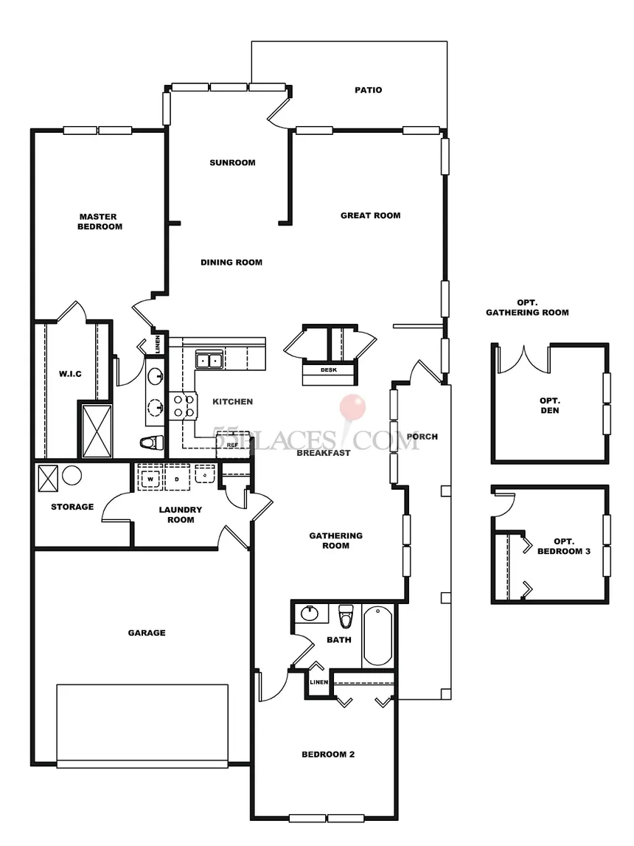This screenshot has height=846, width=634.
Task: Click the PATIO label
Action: [368, 90]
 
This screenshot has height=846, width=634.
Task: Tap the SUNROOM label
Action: [232, 162]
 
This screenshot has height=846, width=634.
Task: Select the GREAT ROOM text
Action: [370, 215]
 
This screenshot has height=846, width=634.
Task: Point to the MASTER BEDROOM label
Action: [100, 222]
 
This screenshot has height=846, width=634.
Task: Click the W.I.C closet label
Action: [70, 374]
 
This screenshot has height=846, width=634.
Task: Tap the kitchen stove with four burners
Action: [182, 406]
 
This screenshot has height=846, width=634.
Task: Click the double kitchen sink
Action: [209, 359]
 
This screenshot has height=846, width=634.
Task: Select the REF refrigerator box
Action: [233, 444]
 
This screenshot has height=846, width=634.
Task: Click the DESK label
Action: [328, 370]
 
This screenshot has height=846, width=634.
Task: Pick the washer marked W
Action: [150, 479]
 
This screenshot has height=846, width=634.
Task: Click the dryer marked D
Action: [177, 479]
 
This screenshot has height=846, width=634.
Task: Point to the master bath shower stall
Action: [97, 431]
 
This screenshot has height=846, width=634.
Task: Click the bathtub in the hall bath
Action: [377, 635]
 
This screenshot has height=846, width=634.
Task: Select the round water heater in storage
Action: [72, 475]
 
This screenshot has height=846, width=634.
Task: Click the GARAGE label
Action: [147, 633]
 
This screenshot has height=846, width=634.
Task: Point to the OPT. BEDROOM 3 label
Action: [564, 546]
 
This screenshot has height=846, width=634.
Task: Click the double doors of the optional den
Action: [523, 360]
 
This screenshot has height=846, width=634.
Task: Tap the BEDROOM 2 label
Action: [328, 755]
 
